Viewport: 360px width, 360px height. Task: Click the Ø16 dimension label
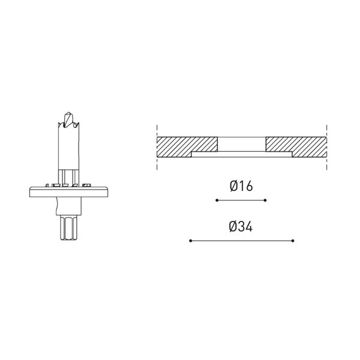(x=241, y=186)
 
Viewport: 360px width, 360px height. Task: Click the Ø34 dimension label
(x=241, y=226)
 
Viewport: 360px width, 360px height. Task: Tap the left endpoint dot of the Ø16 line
(x=217, y=200)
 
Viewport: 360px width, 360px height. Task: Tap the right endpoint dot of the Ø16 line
(x=265, y=200)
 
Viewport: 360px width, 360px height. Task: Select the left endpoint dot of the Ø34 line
(x=190, y=241)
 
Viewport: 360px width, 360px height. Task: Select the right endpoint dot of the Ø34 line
(x=293, y=241)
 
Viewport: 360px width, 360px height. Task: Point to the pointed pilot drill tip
(x=68, y=113)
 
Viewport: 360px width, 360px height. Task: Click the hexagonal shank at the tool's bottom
(x=68, y=227)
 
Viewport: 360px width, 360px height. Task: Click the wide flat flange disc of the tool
(x=68, y=192)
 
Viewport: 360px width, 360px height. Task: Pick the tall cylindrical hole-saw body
(x=68, y=147)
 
